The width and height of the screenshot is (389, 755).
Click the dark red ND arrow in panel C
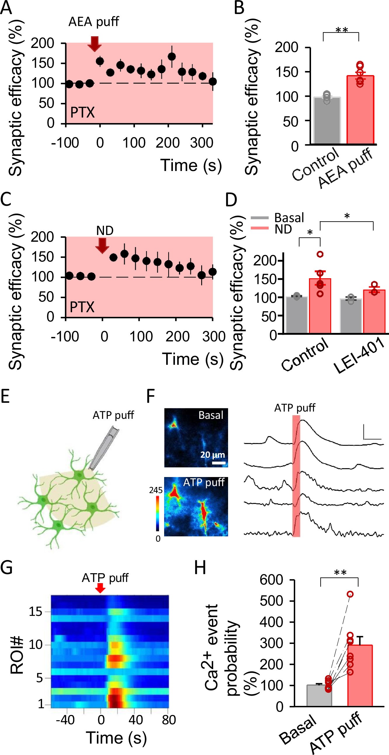point(102,245)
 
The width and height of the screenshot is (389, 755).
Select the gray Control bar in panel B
point(327,121)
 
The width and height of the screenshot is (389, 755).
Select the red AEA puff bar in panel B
point(360,110)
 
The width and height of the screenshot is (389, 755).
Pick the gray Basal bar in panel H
point(319,695)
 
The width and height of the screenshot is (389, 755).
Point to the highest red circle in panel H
point(350,594)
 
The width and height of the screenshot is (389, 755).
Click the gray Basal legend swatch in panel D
point(260,218)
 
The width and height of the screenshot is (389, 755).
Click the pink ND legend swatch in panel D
point(260,228)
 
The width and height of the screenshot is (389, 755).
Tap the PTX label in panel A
point(82,113)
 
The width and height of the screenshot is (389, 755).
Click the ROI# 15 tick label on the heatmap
point(36,612)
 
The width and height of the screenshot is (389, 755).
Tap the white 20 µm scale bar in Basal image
point(219,463)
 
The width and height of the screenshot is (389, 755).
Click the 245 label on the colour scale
point(156,490)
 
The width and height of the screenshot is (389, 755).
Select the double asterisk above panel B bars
point(341,30)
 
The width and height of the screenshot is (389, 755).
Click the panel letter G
point(6,567)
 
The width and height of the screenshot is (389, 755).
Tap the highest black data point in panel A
point(172,56)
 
